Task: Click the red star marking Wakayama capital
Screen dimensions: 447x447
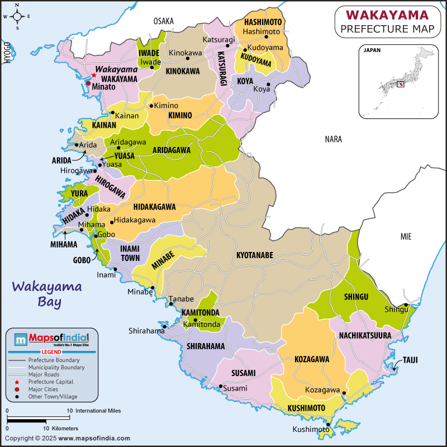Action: coord(94,75)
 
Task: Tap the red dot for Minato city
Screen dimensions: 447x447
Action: coord(88,83)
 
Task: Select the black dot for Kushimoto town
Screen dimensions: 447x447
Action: coord(329,425)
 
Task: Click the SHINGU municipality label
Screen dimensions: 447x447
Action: coord(356,297)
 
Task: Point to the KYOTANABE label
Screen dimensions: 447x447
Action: coord(255,255)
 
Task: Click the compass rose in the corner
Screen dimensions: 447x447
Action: coord(17,17)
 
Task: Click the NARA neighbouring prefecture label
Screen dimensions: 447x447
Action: coord(334,139)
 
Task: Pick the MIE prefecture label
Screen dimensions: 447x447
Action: coord(406,237)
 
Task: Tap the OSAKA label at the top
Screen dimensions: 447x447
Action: coord(164,21)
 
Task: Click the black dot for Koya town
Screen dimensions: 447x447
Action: coord(268,85)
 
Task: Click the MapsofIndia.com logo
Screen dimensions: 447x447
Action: coord(51,339)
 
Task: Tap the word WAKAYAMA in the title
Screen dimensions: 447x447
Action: coord(388,14)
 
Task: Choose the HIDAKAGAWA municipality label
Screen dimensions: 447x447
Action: coord(155,207)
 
